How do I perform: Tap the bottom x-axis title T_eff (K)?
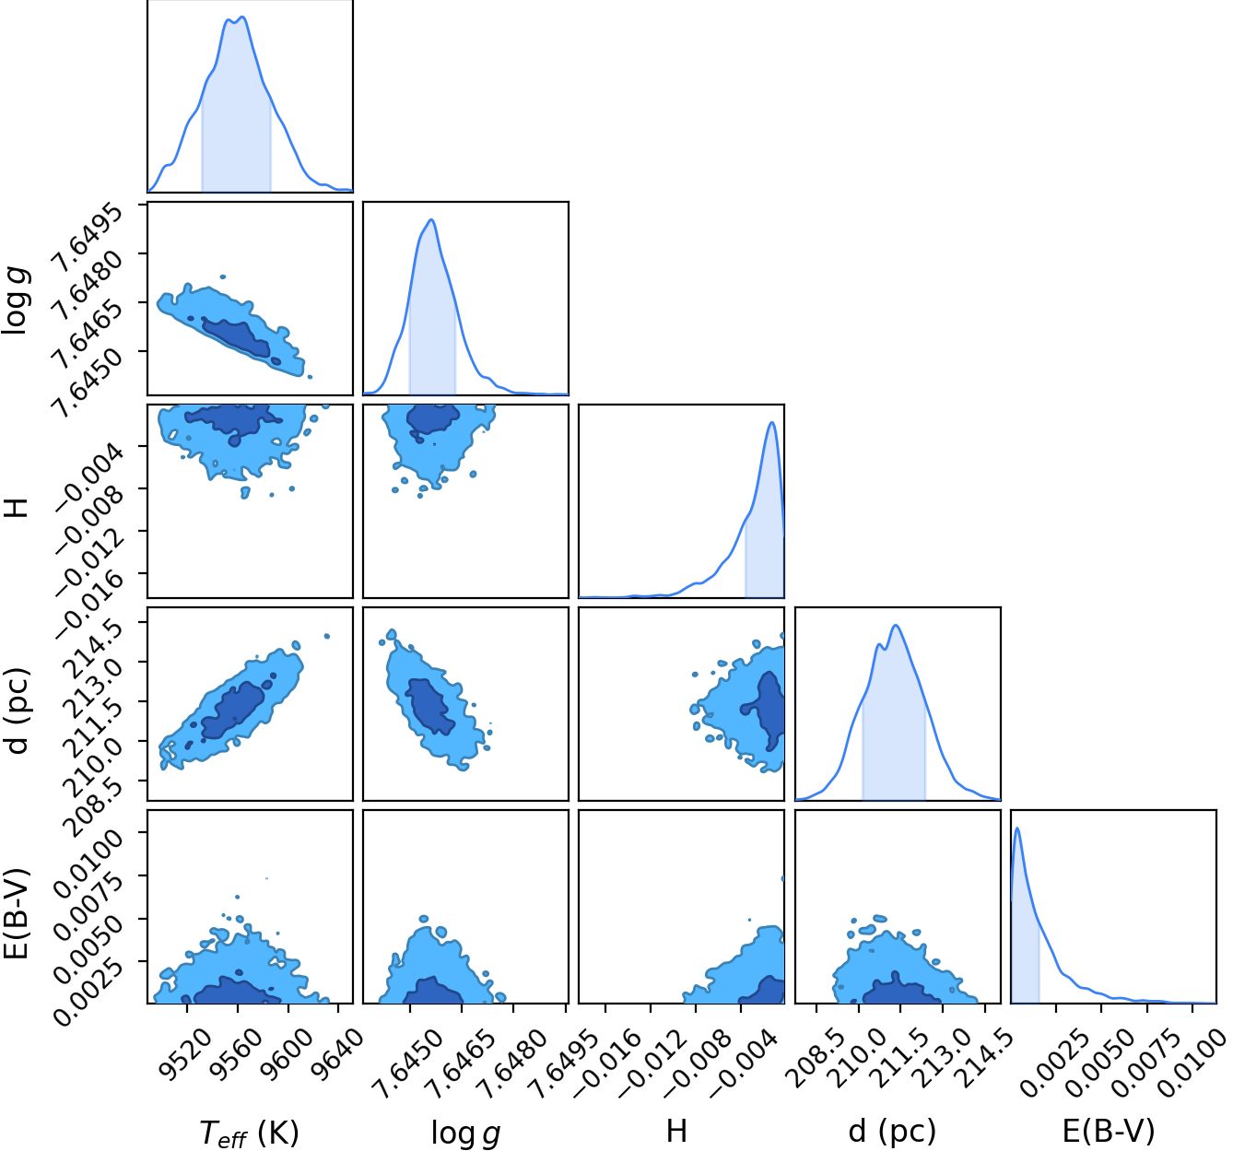[x=250, y=1132]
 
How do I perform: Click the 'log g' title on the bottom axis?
[x=465, y=1133]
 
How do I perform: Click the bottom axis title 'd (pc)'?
[x=892, y=1132]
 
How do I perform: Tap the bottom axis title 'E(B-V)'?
[x=1109, y=1132]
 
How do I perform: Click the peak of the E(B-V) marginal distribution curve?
[x=1017, y=828]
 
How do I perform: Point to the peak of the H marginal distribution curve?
[x=771, y=422]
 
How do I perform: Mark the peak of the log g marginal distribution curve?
[x=431, y=220]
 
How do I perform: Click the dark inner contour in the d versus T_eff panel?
[x=234, y=710]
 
